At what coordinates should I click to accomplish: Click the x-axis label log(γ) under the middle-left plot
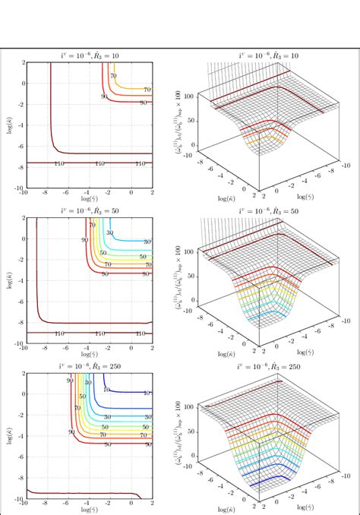point(89,355)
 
